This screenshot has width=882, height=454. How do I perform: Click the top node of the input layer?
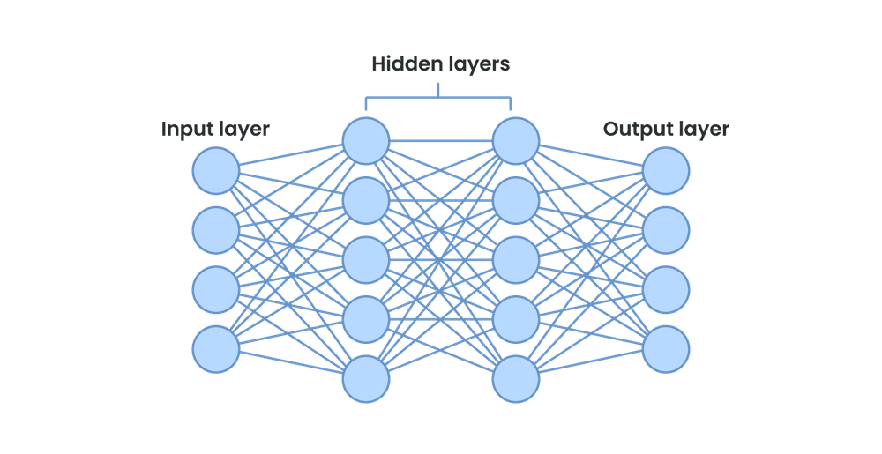click(x=216, y=170)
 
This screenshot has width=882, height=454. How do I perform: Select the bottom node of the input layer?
click(x=216, y=349)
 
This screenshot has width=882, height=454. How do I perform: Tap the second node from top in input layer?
click(x=216, y=229)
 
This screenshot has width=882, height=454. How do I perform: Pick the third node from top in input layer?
click(x=216, y=289)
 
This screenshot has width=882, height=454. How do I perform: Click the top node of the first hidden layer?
click(x=366, y=141)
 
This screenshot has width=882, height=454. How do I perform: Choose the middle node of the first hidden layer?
click(x=366, y=260)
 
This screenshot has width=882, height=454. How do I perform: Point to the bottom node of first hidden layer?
click(x=366, y=380)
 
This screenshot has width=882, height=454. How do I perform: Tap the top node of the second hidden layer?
click(x=516, y=141)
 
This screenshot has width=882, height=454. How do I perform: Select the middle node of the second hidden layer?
click(x=516, y=260)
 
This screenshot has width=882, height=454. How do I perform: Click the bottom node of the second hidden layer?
click(x=516, y=380)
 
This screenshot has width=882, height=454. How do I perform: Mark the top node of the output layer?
click(x=666, y=170)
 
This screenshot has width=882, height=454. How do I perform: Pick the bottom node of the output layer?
click(x=666, y=349)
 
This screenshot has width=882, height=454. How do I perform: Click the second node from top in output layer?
click(x=666, y=229)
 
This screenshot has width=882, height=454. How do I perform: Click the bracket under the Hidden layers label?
click(x=440, y=96)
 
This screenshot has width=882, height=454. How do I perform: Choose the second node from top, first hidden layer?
click(x=366, y=201)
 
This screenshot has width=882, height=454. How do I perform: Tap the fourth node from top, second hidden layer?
click(x=516, y=320)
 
